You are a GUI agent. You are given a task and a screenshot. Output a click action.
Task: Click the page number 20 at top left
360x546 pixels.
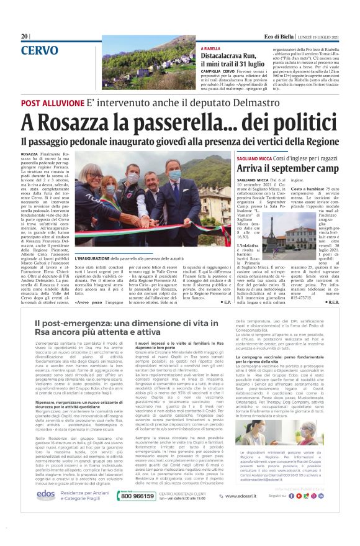(25, 37)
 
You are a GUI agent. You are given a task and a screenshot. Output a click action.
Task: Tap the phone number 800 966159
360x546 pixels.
(137, 496)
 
